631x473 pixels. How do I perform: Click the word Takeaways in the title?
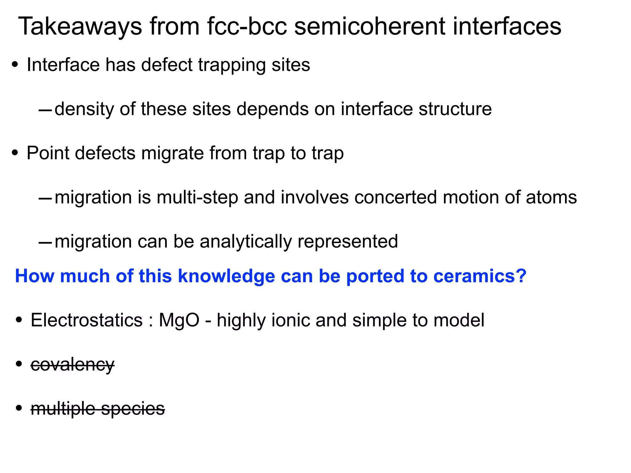80,27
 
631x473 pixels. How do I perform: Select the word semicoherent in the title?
370,27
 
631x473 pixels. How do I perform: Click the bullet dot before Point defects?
15,153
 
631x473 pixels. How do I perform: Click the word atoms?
551,198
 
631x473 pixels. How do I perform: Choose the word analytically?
245,242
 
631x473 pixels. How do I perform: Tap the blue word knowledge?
226,276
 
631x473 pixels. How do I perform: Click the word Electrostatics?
87,320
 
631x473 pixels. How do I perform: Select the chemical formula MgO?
179,320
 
